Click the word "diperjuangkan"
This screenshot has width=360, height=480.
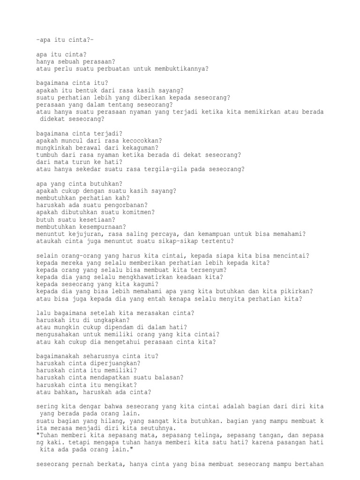point(113,364)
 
